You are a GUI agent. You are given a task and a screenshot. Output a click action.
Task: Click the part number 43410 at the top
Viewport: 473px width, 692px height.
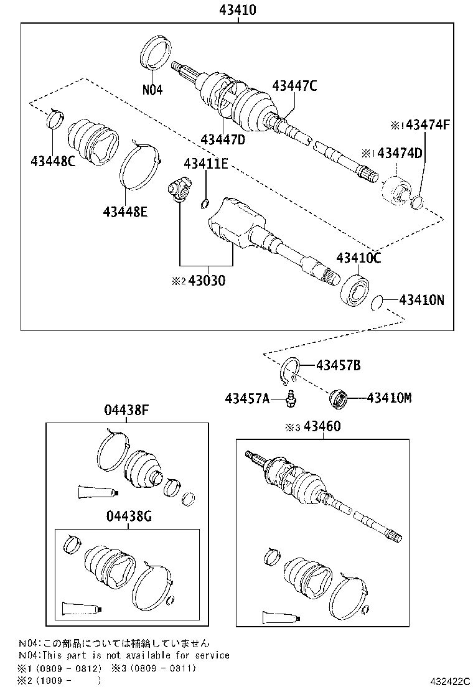coord(237,10)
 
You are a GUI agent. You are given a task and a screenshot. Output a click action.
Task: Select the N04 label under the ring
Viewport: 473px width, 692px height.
coord(152,90)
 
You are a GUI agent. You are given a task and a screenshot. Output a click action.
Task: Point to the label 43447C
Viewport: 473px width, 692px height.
coord(294,86)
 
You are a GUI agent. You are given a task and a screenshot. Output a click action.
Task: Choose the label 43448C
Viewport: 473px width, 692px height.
coord(52,162)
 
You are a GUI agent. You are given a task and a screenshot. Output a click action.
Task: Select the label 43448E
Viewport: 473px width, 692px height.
coord(125,212)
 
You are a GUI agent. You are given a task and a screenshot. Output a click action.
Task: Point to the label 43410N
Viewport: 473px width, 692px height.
coord(421,301)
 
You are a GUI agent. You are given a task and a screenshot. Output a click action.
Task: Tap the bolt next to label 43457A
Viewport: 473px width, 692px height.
coord(289,399)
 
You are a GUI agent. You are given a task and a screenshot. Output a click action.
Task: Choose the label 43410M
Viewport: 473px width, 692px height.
coord(389,397)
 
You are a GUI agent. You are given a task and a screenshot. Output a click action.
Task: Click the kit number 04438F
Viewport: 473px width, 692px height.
coord(127,410)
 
